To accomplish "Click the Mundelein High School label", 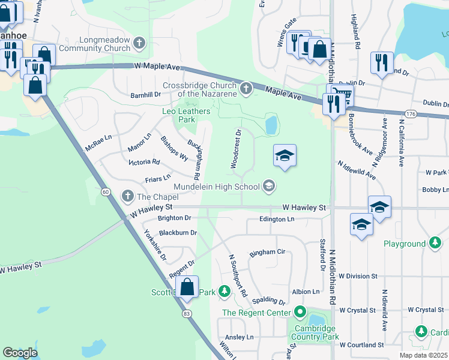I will (x=217, y=186).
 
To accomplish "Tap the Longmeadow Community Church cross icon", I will (x=139, y=43).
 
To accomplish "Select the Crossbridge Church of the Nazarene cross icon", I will (x=246, y=89).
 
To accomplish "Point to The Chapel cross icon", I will (x=127, y=196).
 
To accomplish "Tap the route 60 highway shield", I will (x=105, y=191).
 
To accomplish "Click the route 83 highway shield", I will (x=186, y=313).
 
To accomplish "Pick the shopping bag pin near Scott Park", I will (x=187, y=287).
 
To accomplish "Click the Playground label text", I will (x=405, y=244).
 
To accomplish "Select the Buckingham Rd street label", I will (x=194, y=158).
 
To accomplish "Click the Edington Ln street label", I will (x=277, y=220).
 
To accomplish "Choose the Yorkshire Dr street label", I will (x=155, y=245).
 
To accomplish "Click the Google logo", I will (x=20, y=352).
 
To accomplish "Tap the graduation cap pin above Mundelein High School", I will (x=285, y=156).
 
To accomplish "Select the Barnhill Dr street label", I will (x=146, y=94).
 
